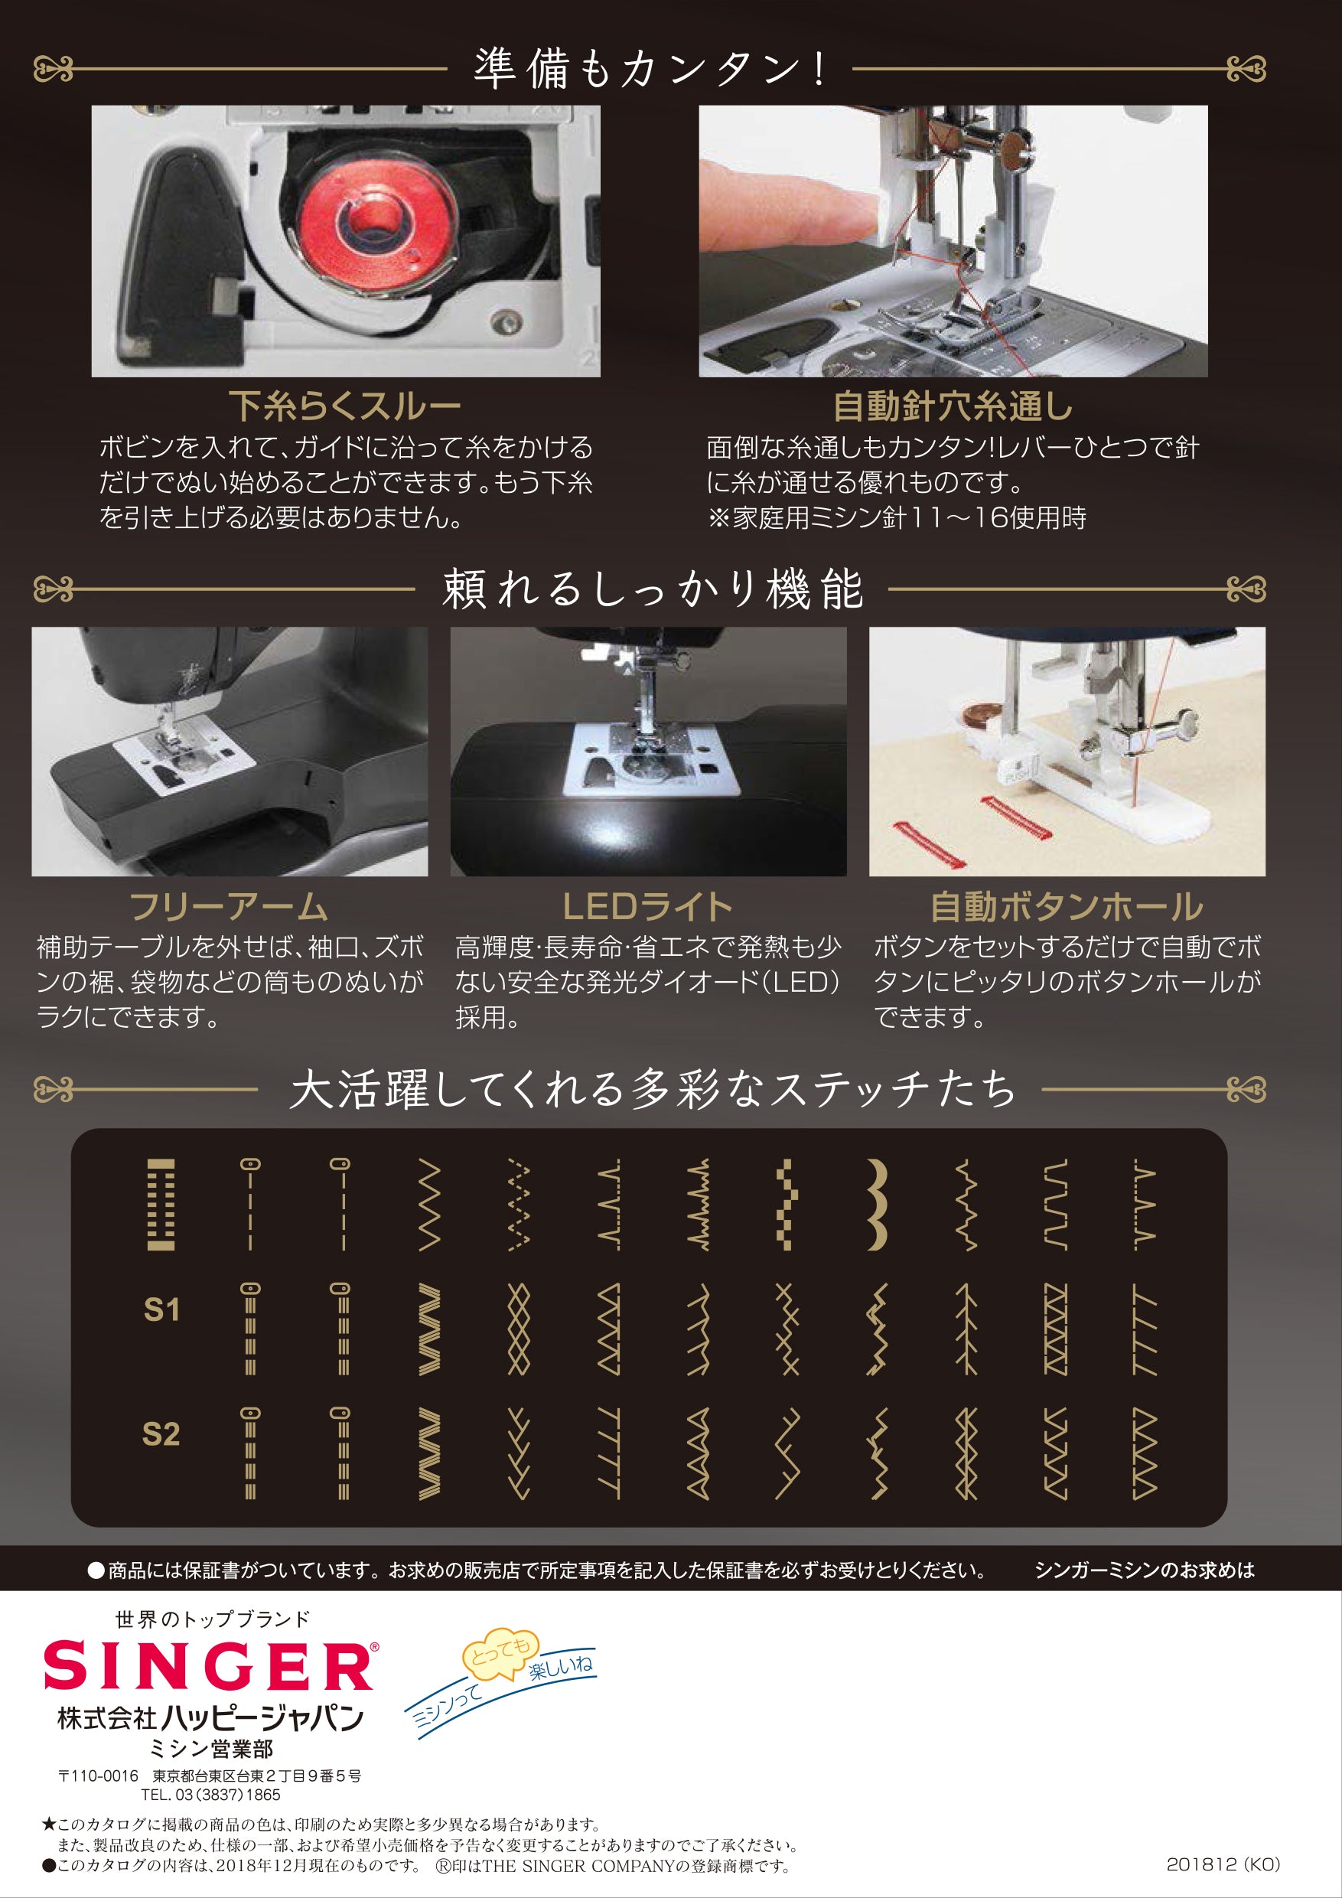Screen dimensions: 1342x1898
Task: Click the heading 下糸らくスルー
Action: pos(344,406)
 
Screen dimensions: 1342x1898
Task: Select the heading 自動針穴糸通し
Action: pos(953,406)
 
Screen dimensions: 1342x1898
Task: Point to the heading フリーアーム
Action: pos(229,907)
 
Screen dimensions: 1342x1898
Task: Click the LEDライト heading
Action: pos(648,907)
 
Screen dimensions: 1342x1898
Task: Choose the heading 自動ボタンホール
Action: pos(1067,907)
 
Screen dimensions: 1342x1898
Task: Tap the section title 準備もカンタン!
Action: pos(650,69)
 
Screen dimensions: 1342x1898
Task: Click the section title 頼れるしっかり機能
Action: pos(653,589)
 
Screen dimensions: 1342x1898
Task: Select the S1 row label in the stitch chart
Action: pos(161,1309)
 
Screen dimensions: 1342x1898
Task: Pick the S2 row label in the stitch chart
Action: pos(161,1434)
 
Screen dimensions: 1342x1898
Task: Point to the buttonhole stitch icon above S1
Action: pos(161,1205)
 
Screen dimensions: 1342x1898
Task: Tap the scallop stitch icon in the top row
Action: pos(877,1205)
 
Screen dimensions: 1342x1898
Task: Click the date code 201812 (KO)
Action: pos(1223,1864)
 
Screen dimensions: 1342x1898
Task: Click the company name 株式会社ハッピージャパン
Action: pos(210,1720)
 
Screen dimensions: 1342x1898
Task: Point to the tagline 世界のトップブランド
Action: pos(213,1619)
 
